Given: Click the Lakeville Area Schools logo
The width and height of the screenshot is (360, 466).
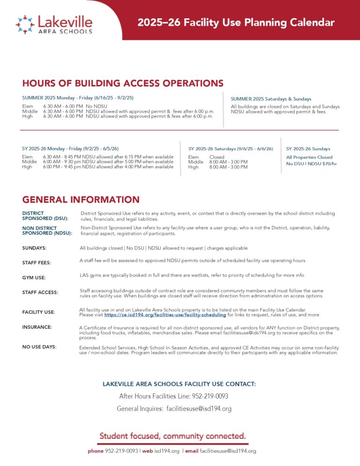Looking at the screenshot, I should click(x=54, y=24).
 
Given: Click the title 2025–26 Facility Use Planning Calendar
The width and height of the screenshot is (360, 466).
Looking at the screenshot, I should click(x=236, y=23).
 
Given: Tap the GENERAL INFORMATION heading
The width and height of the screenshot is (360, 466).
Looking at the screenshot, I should click(x=81, y=200).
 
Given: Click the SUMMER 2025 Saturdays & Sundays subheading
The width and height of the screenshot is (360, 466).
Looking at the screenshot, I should click(x=271, y=99).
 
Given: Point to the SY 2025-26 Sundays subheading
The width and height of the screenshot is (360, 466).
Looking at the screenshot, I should click(x=308, y=149).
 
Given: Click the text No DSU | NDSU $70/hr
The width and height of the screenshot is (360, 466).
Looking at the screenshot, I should click(x=311, y=164).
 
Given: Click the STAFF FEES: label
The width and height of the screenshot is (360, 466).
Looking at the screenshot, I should click(x=37, y=263).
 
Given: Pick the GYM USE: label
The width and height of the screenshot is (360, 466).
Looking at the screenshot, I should click(x=34, y=278).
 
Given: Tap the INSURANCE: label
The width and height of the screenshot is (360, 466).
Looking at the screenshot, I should click(x=37, y=327).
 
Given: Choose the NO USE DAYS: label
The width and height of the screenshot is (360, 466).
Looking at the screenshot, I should click(x=39, y=347).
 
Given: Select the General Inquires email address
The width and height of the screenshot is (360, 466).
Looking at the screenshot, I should click(x=199, y=409).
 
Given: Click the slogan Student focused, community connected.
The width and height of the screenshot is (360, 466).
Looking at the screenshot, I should click(x=172, y=436).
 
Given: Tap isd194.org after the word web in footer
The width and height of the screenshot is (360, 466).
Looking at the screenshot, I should click(x=168, y=451).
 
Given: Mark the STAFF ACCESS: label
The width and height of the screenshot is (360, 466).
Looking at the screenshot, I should click(x=40, y=293).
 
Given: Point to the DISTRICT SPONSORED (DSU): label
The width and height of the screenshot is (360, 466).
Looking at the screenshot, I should click(x=45, y=216).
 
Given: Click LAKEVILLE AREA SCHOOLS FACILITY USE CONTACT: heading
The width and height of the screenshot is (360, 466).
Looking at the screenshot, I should click(x=179, y=384).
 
